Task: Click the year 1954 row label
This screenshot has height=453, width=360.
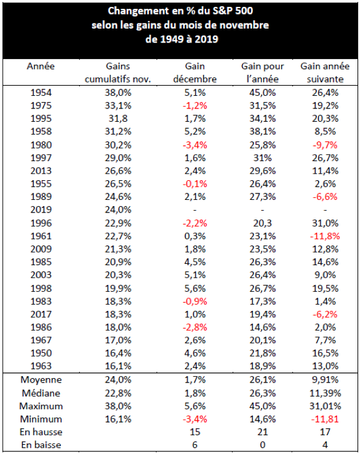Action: pyautogui.click(x=41, y=93)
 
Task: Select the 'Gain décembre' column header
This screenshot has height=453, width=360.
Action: pyautogui.click(x=195, y=72)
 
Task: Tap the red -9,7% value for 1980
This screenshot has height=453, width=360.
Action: pyautogui.click(x=325, y=145)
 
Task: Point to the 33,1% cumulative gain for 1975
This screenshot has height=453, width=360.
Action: pyautogui.click(x=118, y=105)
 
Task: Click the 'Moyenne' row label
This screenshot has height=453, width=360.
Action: pyautogui.click(x=41, y=379)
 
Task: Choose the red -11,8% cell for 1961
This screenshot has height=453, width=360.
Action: pyautogui.click(x=325, y=236)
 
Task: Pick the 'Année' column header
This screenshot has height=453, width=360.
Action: pyautogui.click(x=41, y=66)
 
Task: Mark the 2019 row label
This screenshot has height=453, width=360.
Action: pyautogui.click(x=41, y=209)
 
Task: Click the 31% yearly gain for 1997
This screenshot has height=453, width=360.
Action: pyautogui.click(x=262, y=158)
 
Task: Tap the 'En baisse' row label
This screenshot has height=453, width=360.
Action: pyautogui.click(x=41, y=445)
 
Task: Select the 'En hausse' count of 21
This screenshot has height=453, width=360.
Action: pyautogui.click(x=262, y=431)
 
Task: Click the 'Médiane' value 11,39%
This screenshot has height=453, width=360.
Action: pyautogui.click(x=325, y=393)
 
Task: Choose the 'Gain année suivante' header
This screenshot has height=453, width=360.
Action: pyautogui.click(x=325, y=72)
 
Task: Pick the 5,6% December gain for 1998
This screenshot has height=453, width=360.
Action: pyautogui.click(x=195, y=288)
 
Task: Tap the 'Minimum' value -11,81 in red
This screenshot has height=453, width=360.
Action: pyautogui.click(x=325, y=419)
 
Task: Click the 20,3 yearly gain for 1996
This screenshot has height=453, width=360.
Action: pyautogui.click(x=262, y=223)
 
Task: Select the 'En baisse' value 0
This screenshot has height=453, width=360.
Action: pyautogui.click(x=262, y=445)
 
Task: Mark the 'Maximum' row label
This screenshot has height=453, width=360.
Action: pyautogui.click(x=41, y=406)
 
